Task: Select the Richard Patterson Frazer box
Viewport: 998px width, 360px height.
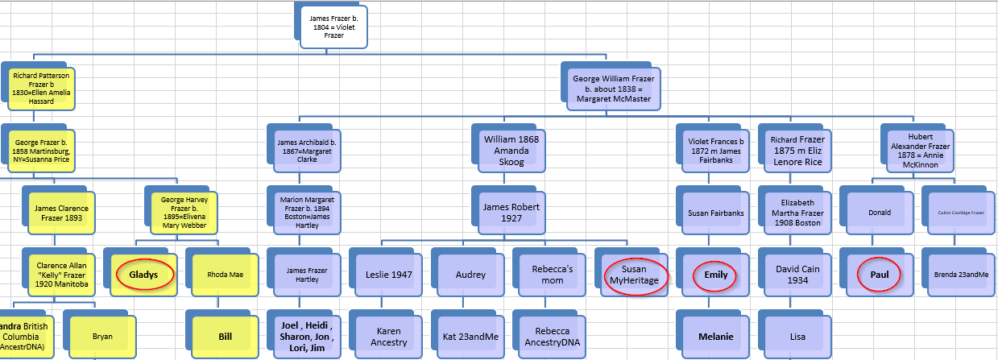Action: click(x=41, y=89)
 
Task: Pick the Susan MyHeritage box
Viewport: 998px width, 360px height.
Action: click(x=634, y=274)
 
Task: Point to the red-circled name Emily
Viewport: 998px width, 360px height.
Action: click(x=716, y=275)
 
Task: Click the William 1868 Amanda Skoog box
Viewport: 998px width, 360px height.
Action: click(x=511, y=151)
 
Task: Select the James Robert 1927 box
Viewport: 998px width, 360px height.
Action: click(x=511, y=213)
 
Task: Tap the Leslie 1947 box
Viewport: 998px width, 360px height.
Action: click(x=389, y=275)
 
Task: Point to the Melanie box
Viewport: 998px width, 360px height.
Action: click(x=716, y=336)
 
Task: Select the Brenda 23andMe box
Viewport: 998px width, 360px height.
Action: click(x=960, y=275)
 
